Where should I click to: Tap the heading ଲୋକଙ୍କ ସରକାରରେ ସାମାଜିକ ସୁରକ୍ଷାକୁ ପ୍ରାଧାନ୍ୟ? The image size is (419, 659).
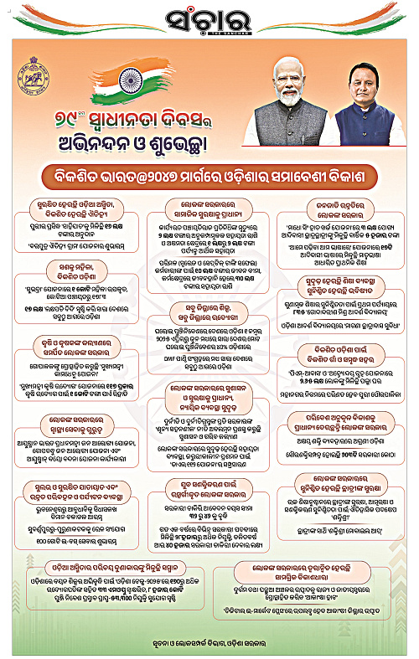pos(209,209)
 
